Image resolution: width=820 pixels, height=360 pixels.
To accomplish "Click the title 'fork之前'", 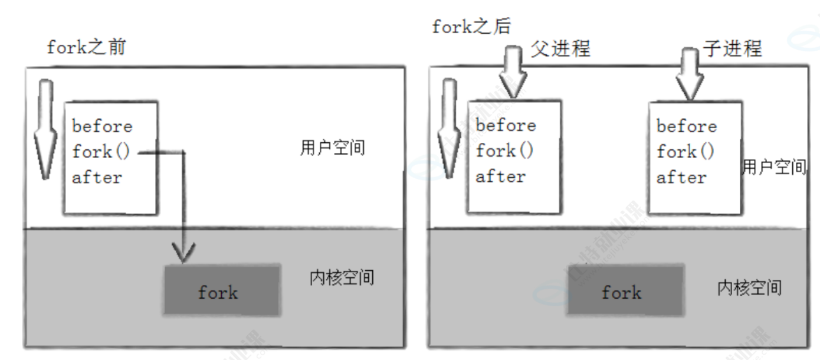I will [x=86, y=47].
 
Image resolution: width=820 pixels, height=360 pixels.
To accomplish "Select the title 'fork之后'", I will [x=471, y=27].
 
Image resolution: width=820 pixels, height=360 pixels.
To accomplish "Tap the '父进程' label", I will [x=560, y=47].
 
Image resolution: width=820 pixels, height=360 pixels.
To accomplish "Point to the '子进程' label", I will [x=733, y=47].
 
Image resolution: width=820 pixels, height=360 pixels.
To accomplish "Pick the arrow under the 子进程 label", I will [x=688, y=74].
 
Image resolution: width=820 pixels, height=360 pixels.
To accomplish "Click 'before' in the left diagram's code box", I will [x=102, y=126].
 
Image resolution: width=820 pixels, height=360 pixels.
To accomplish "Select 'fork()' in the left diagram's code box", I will [x=101, y=152].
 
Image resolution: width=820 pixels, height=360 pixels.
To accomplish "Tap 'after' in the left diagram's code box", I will [x=97, y=177].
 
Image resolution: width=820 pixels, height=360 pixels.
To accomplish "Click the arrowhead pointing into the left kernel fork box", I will [x=185, y=253].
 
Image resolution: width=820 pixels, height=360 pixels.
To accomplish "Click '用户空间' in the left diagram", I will [x=332, y=148].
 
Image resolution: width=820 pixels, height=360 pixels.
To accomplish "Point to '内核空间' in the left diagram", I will [x=342, y=277].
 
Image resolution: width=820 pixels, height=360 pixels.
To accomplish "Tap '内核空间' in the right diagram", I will [x=749, y=287].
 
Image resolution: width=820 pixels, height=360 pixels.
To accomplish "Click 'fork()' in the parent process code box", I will [x=505, y=151].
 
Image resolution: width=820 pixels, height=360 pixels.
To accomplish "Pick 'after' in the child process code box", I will [x=681, y=177].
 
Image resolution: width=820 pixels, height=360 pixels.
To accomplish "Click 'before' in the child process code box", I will [x=687, y=126].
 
